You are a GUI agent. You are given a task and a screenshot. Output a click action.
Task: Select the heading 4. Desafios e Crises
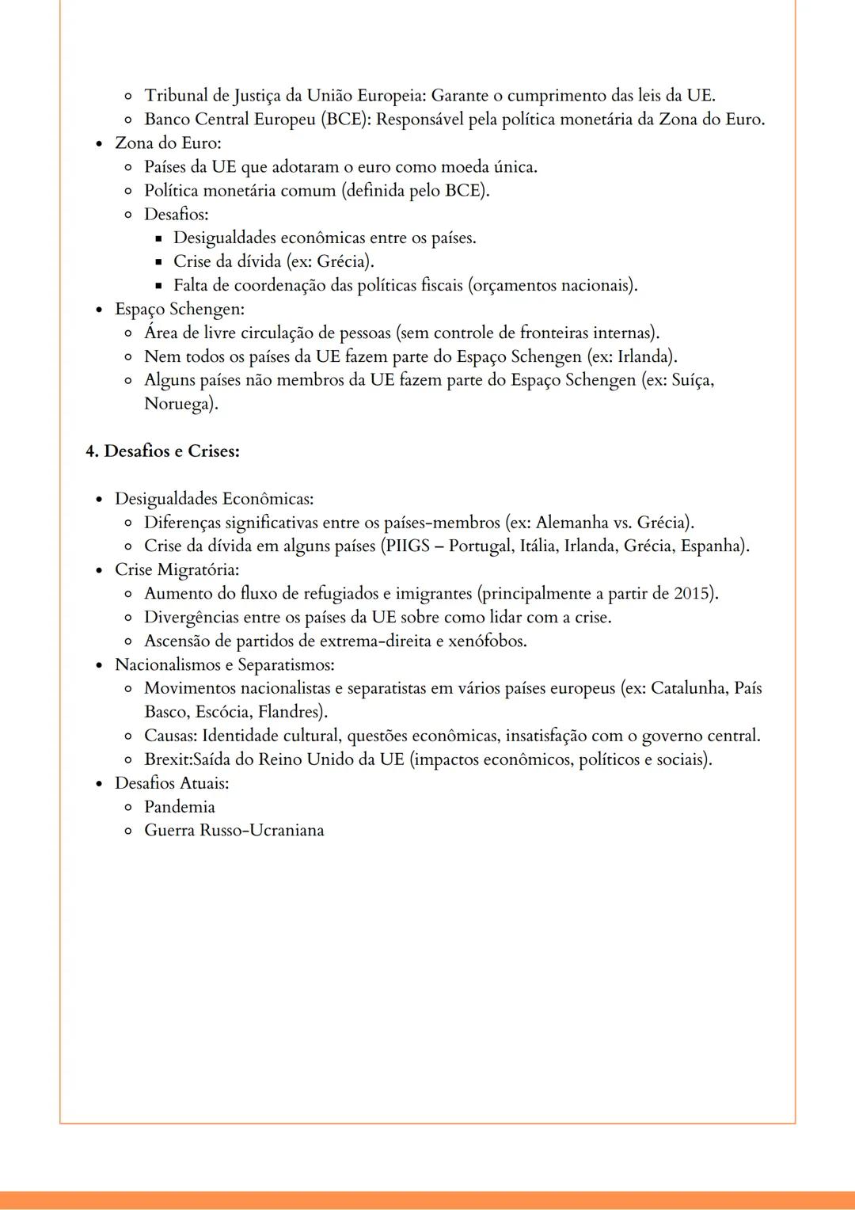162,451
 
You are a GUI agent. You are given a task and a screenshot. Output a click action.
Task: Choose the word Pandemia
180,807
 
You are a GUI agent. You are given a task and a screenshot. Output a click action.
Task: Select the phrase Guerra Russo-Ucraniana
234,831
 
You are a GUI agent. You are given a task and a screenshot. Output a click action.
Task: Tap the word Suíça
692,380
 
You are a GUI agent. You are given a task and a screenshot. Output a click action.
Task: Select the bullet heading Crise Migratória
177,570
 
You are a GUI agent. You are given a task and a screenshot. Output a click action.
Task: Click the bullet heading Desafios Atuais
172,783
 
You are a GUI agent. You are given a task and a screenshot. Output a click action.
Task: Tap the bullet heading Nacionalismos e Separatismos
224,664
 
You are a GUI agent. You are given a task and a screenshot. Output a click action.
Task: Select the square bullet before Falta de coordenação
158,286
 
